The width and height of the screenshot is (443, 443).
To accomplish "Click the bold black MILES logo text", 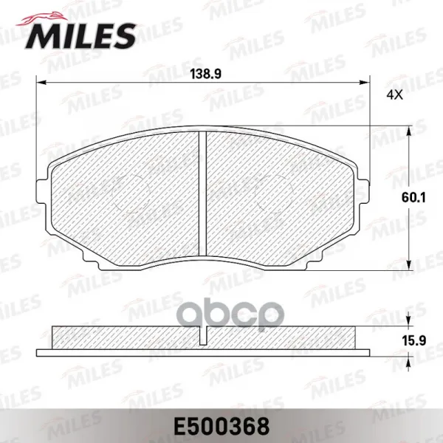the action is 80,36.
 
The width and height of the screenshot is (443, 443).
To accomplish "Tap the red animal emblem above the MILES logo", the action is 42,18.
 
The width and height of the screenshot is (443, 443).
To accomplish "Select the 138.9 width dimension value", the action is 205,74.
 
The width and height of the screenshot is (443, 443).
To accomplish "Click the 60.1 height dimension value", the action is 413,197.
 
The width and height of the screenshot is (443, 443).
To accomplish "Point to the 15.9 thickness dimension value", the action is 413,340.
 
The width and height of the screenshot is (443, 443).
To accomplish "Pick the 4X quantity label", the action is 395,95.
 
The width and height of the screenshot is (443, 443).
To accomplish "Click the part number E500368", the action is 221,426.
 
